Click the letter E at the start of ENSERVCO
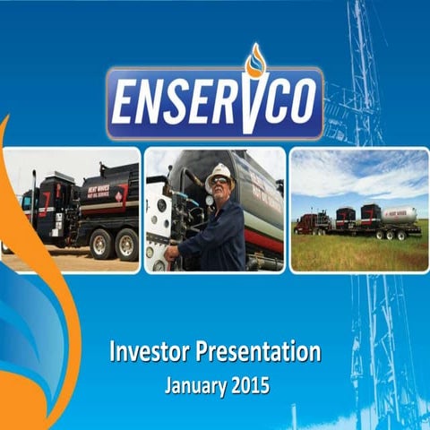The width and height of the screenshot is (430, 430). [130, 103]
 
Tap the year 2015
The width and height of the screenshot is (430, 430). [246, 387]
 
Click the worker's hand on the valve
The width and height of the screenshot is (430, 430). [172, 253]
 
